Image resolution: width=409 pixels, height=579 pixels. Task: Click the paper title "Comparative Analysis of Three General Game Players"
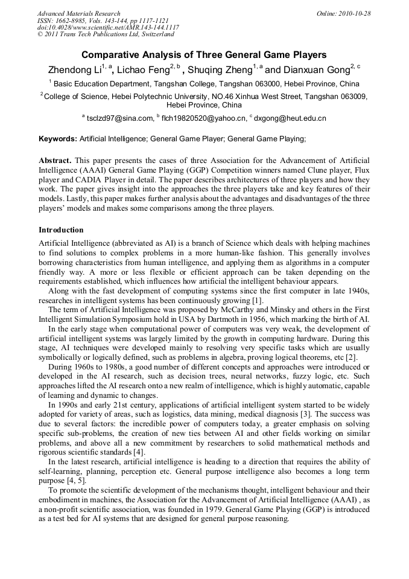204,55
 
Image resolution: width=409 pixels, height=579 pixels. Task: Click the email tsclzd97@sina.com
121,118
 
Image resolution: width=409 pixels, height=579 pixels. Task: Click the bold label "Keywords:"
58,139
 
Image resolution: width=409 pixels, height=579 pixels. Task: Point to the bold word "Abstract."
55,161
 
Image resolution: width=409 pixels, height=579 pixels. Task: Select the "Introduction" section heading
61,230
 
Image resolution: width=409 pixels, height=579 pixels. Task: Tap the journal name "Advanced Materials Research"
78,13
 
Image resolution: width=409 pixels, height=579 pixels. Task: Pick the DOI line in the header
108,28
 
